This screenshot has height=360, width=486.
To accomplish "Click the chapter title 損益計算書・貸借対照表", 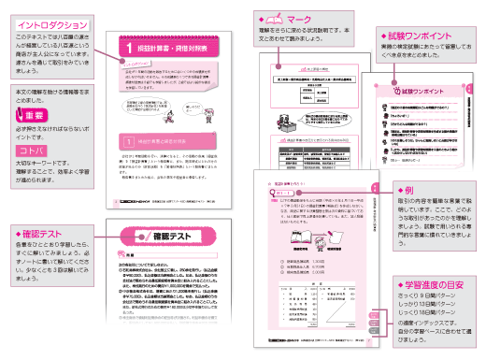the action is [x=179, y=44].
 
